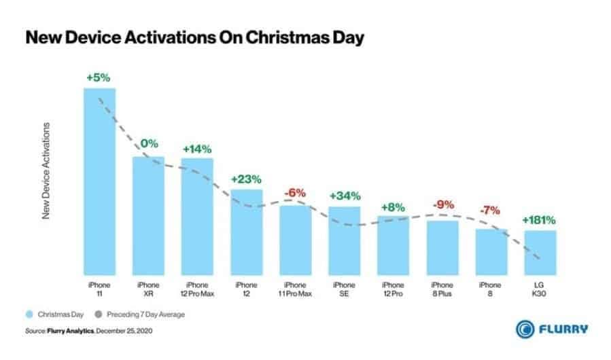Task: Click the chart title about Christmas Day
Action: point(194,38)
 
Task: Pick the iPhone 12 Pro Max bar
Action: point(197,216)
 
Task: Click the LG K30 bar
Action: point(540,252)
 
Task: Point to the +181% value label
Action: point(540,220)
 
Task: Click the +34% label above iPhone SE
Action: point(344,196)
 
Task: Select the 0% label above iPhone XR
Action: point(149,144)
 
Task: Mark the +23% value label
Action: point(246,179)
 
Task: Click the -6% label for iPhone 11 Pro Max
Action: point(295,193)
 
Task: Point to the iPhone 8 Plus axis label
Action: point(442,289)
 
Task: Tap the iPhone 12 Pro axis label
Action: point(393,289)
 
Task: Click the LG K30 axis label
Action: point(540,289)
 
